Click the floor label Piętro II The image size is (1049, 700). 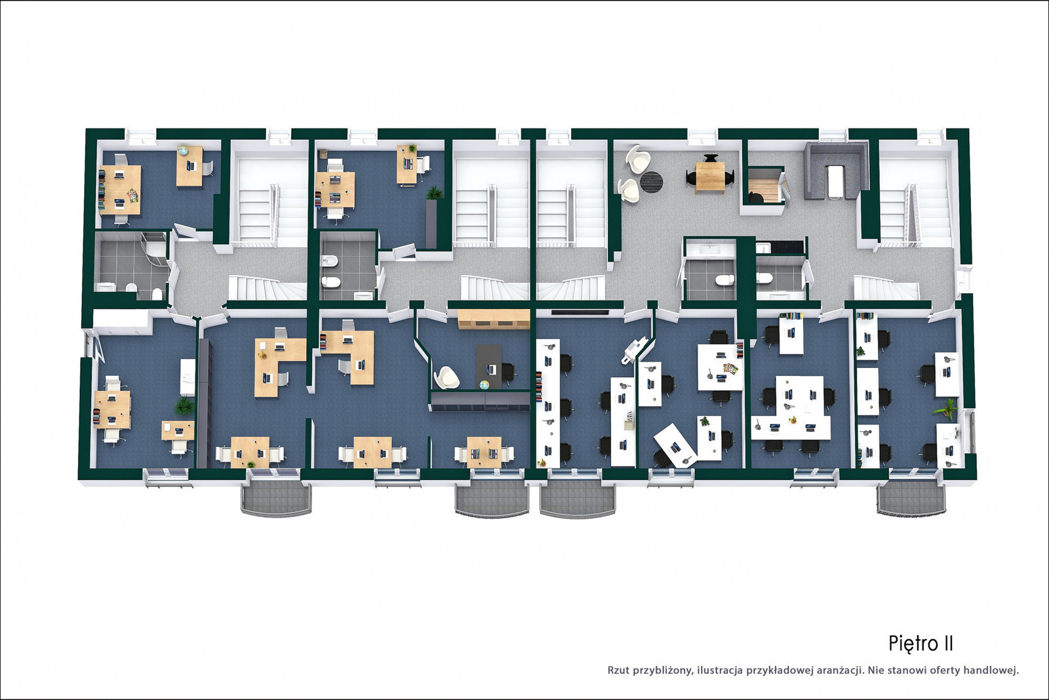point(920,644)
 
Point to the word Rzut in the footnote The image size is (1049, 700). point(619,670)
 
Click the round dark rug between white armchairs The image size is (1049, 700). point(651,181)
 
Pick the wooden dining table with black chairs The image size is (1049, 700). point(710,178)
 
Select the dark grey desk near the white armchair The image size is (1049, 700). point(488,366)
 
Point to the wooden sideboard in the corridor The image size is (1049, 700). point(494,319)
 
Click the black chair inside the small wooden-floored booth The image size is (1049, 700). point(756,197)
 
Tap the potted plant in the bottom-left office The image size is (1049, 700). point(184,406)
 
